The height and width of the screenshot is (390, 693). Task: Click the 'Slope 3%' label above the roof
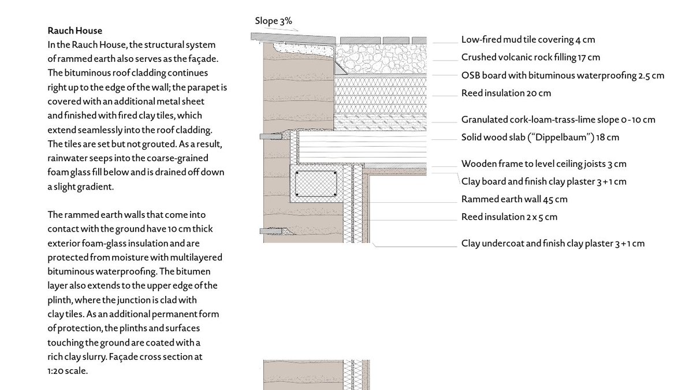pyautogui.click(x=273, y=22)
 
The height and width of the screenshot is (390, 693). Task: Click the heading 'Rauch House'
pyautogui.click(x=74, y=30)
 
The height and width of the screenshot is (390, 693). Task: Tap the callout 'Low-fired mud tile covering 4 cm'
pyautogui.click(x=528, y=40)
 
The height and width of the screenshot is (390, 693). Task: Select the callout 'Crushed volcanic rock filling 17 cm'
pyautogui.click(x=530, y=57)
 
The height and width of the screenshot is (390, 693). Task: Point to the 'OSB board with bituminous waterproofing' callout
pyautogui.click(x=562, y=75)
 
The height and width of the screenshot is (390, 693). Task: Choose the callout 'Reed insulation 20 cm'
pyautogui.click(x=506, y=93)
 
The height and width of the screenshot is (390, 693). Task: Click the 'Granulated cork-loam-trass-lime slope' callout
pyautogui.click(x=558, y=120)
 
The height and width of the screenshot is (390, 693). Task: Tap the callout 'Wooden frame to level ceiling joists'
pyautogui.click(x=543, y=164)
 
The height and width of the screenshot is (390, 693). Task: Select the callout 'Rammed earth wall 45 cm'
pyautogui.click(x=514, y=199)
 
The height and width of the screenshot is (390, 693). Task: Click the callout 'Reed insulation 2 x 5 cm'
pyautogui.click(x=508, y=217)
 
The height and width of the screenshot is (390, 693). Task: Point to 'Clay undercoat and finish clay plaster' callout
pyautogui.click(x=553, y=243)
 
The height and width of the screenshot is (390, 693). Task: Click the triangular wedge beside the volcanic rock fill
pyautogui.click(x=340, y=69)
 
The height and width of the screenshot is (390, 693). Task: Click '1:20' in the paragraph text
pyautogui.click(x=56, y=371)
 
